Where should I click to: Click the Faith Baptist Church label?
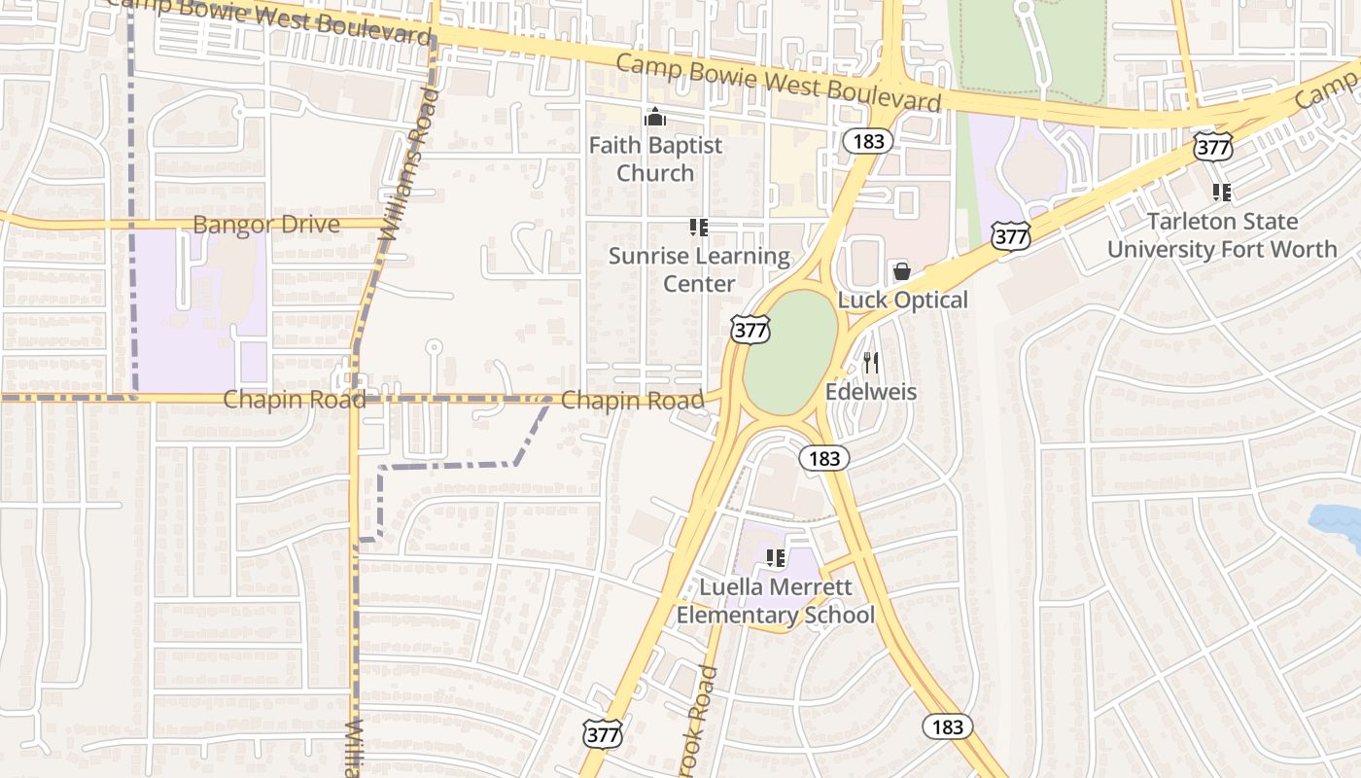point(655,159)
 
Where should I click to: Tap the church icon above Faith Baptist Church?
point(655,117)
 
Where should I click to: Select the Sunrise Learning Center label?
point(699,269)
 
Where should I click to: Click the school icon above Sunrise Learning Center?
point(698,228)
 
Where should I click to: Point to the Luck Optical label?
point(902,300)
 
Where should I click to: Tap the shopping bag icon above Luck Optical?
point(902,270)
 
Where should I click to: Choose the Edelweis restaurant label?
point(871,392)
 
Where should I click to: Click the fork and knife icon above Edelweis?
point(871,363)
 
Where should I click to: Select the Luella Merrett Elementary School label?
point(775,601)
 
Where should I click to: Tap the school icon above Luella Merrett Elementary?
point(776,558)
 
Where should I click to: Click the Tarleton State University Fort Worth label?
point(1222,234)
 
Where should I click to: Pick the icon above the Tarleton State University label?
point(1222,193)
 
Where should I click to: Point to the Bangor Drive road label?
point(266,225)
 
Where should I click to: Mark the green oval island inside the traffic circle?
point(791,351)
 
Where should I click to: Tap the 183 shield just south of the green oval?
point(824,458)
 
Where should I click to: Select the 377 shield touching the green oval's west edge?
point(750,330)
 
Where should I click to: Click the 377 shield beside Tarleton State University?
point(1212,148)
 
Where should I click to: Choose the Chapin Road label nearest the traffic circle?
point(632,400)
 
